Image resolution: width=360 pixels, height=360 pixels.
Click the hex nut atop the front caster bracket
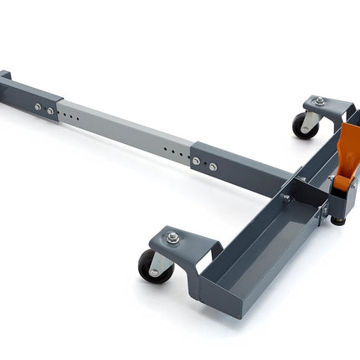pos(172,238)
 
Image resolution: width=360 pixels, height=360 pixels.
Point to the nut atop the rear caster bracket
pos(319,101)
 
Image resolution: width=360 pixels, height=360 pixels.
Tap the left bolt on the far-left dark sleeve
pos(37,107)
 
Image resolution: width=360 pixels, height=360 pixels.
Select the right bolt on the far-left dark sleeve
pos(50,111)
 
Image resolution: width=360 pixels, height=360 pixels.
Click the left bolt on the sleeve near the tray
pos(198,161)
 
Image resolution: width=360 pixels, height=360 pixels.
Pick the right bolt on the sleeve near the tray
pos(213,166)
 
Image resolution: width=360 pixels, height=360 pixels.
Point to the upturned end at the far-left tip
pos(4,77)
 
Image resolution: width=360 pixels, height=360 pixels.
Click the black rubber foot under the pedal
pos(337,221)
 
